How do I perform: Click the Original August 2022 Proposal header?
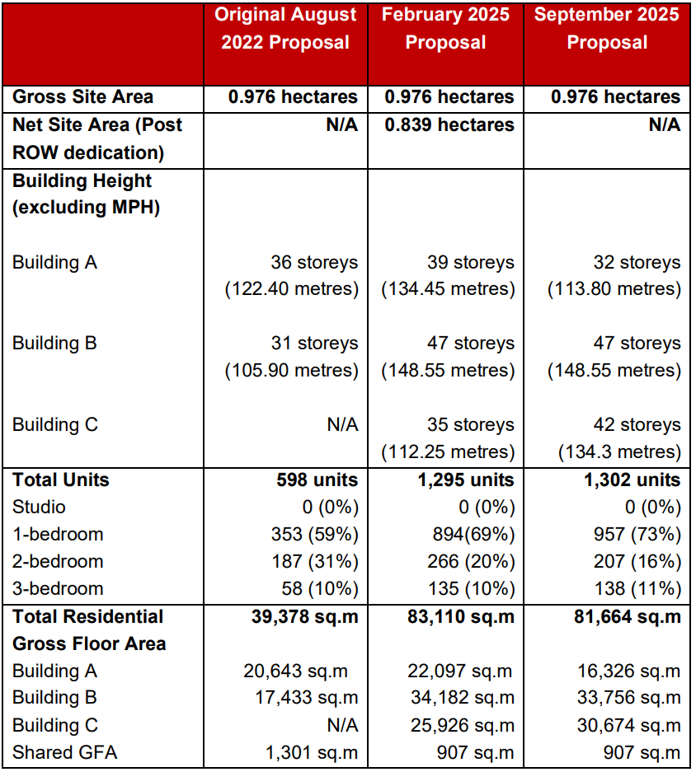click(285, 29)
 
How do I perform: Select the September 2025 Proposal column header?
click(608, 29)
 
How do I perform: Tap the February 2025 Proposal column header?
click(446, 29)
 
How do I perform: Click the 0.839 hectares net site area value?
click(449, 124)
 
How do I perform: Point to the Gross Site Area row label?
click(82, 96)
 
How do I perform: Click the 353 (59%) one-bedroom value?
click(314, 534)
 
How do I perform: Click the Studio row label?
click(39, 507)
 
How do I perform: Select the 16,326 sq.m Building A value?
click(629, 671)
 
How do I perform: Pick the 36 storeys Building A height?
click(314, 262)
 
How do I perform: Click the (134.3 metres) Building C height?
click(620, 452)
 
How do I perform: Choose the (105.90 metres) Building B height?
click(292, 370)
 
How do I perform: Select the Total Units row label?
click(61, 480)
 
